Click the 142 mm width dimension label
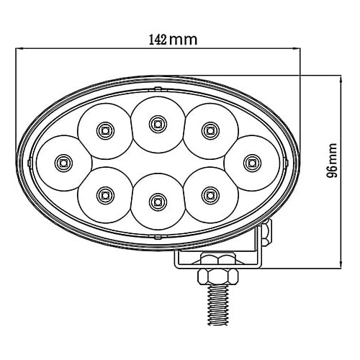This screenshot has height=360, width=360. click(x=173, y=40)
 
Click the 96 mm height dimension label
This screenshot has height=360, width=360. click(x=332, y=161)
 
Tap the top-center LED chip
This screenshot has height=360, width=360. click(x=158, y=124)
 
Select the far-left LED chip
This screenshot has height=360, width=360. click(x=63, y=163)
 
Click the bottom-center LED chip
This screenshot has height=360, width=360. click(x=158, y=202)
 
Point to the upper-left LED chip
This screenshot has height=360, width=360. click(x=105, y=131)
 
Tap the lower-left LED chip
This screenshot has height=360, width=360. click(x=105, y=196)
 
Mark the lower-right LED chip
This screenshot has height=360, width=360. click(x=210, y=196)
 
